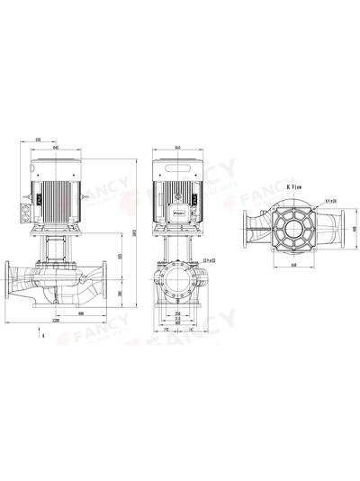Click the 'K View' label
294,186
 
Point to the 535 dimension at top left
39,141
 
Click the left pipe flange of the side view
11,280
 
